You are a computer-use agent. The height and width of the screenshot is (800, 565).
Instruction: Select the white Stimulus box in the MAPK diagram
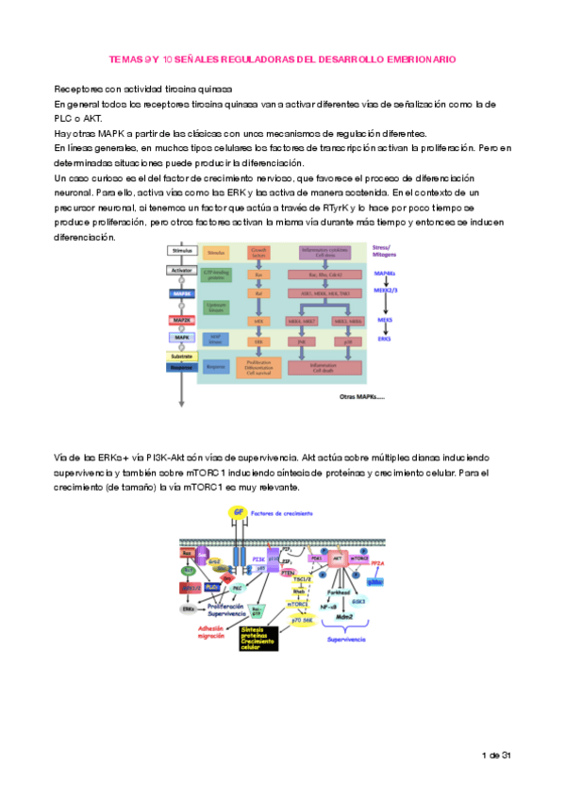(181, 250)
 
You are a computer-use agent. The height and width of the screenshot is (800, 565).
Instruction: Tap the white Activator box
(181, 270)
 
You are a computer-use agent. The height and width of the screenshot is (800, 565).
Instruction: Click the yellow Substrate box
(181, 358)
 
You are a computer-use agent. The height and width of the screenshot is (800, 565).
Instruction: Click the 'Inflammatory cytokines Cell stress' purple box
(323, 252)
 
